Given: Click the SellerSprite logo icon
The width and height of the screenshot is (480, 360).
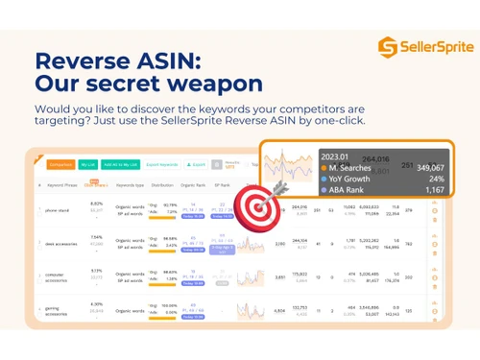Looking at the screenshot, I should [386, 46].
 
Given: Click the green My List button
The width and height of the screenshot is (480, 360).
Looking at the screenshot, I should [88, 164].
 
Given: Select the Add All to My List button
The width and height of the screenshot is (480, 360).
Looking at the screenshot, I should [120, 164].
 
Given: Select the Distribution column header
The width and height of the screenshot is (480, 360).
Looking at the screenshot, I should [160, 184].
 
